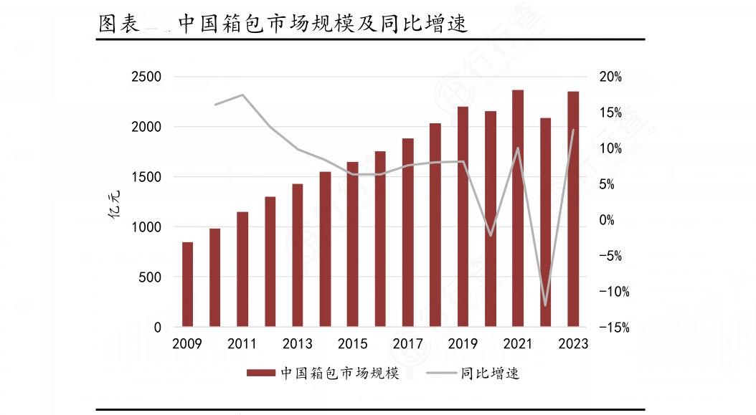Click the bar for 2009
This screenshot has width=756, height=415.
pyautogui.click(x=187, y=285)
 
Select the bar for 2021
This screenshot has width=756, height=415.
pyautogui.click(x=518, y=209)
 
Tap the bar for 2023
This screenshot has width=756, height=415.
pyautogui.click(x=573, y=209)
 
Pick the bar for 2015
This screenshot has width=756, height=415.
pyautogui.click(x=353, y=244)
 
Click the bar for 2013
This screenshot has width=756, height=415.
pyautogui.click(x=298, y=255)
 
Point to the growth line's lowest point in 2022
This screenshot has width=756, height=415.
pyautogui.click(x=546, y=305)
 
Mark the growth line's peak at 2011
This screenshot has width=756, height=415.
pyautogui.click(x=242, y=95)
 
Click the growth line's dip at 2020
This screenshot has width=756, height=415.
pyautogui.click(x=491, y=235)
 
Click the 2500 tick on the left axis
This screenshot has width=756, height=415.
pyautogui.click(x=146, y=77)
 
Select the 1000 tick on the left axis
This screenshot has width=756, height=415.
pyautogui.click(x=146, y=227)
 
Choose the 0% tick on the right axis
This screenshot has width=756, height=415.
pyautogui.click(x=608, y=220)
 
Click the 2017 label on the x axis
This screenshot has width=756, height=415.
pyautogui.click(x=407, y=344)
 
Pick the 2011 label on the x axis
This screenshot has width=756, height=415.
pyautogui.click(x=242, y=344)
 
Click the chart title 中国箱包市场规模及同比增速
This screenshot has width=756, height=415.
pyautogui.click(x=323, y=24)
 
